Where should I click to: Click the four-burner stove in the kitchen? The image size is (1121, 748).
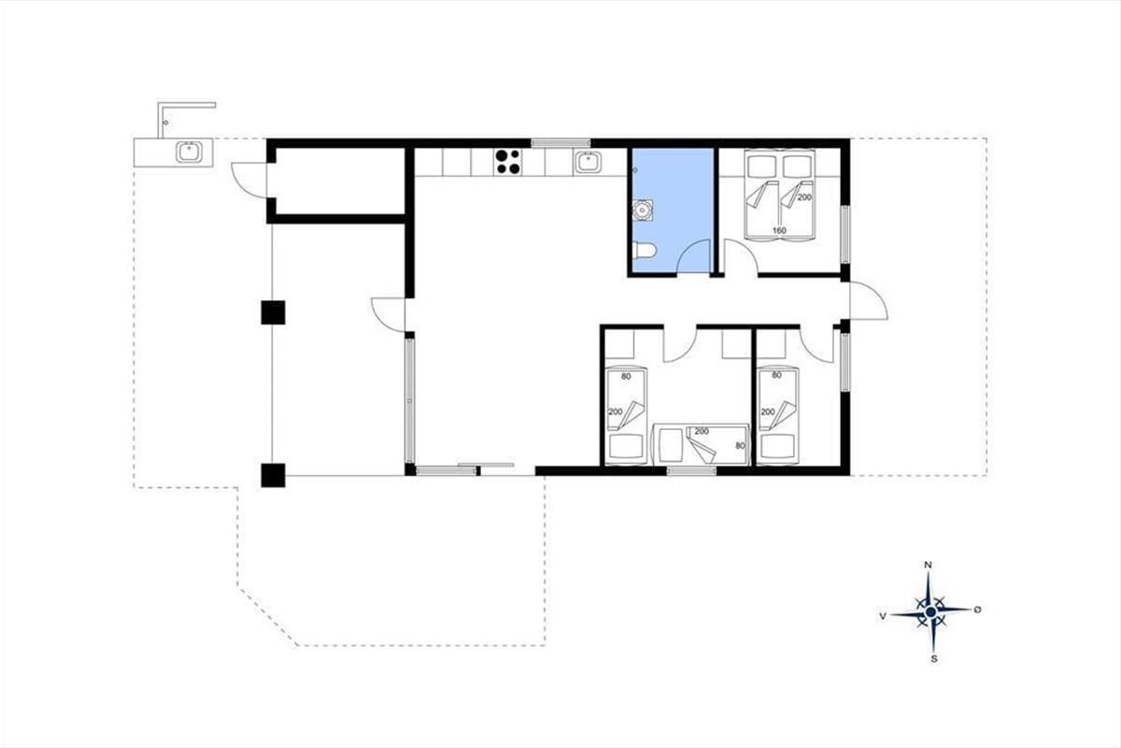click(x=508, y=162)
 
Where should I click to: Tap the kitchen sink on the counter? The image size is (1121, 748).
click(x=588, y=162)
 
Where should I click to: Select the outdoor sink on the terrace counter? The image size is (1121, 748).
click(x=189, y=152)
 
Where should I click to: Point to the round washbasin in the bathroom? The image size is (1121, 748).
click(x=642, y=210)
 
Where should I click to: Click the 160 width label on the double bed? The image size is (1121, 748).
click(x=779, y=230)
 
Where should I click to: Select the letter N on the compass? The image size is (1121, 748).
click(x=928, y=565)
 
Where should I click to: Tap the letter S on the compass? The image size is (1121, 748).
click(x=933, y=659)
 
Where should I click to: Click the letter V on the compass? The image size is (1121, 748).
click(x=884, y=616)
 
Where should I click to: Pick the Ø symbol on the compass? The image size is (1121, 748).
click(x=977, y=610)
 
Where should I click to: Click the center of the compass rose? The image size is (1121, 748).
click(x=930, y=612)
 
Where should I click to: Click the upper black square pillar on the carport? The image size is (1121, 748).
click(x=273, y=312)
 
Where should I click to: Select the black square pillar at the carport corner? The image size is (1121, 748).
click(x=273, y=476)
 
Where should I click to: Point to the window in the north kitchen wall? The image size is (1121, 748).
click(x=560, y=143)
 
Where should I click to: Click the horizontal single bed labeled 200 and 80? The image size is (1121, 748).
click(x=702, y=444)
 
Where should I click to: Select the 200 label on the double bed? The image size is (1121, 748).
click(x=804, y=197)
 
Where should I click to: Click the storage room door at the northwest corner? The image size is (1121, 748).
click(x=248, y=180)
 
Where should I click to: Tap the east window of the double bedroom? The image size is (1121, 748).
click(x=845, y=235)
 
